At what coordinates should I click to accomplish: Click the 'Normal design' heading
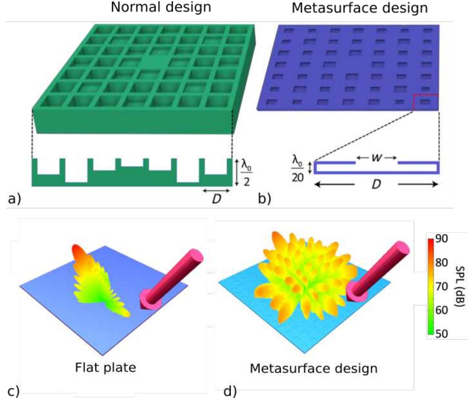(161, 7)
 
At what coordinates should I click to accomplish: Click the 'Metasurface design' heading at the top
(360, 8)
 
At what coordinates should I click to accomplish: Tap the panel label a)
(14, 199)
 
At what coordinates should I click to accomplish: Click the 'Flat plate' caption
(106, 367)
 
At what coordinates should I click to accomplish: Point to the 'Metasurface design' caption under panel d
(313, 368)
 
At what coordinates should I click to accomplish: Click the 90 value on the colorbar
(442, 238)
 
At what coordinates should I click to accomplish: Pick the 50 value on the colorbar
(442, 334)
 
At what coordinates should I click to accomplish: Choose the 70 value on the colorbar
(442, 286)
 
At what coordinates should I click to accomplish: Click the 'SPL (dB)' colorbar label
(461, 286)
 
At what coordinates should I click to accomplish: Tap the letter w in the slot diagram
(377, 158)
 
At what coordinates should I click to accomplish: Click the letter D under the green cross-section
(216, 199)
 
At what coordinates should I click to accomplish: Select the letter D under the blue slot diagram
(376, 185)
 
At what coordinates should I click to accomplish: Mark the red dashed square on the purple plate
(426, 102)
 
